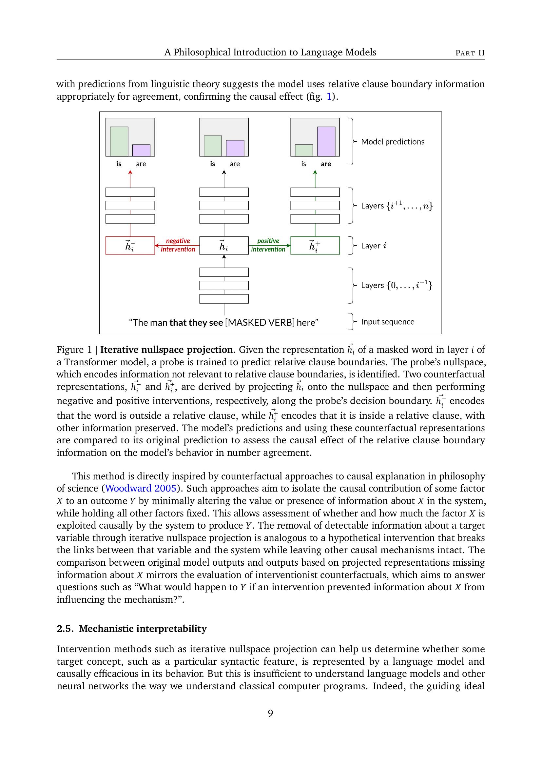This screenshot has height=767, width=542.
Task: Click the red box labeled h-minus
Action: point(130,246)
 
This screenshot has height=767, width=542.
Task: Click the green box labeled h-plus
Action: point(315,246)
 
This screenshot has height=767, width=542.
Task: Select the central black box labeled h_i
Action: point(223,246)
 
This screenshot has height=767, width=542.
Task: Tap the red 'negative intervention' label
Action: point(178,245)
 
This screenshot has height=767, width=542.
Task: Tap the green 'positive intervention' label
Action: point(268,245)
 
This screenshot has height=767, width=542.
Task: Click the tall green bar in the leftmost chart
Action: point(119,142)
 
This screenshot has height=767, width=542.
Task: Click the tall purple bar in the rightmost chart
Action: point(326,142)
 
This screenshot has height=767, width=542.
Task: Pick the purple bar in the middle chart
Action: point(235,148)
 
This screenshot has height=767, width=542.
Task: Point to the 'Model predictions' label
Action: point(393,142)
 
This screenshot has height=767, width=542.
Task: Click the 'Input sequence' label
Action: point(387,322)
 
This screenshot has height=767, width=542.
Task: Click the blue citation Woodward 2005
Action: point(141,488)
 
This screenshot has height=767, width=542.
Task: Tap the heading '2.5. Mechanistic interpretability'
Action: point(131,629)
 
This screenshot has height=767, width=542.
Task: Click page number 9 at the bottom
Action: point(270,714)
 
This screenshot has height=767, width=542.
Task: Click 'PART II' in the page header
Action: point(470,53)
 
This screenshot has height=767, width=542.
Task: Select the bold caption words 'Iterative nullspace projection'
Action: point(166,350)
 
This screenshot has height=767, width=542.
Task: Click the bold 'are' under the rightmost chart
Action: point(326,164)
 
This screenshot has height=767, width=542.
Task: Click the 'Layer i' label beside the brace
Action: point(374,246)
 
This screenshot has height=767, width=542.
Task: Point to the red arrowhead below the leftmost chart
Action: point(130,172)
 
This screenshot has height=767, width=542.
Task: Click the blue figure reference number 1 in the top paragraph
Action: point(329,97)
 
